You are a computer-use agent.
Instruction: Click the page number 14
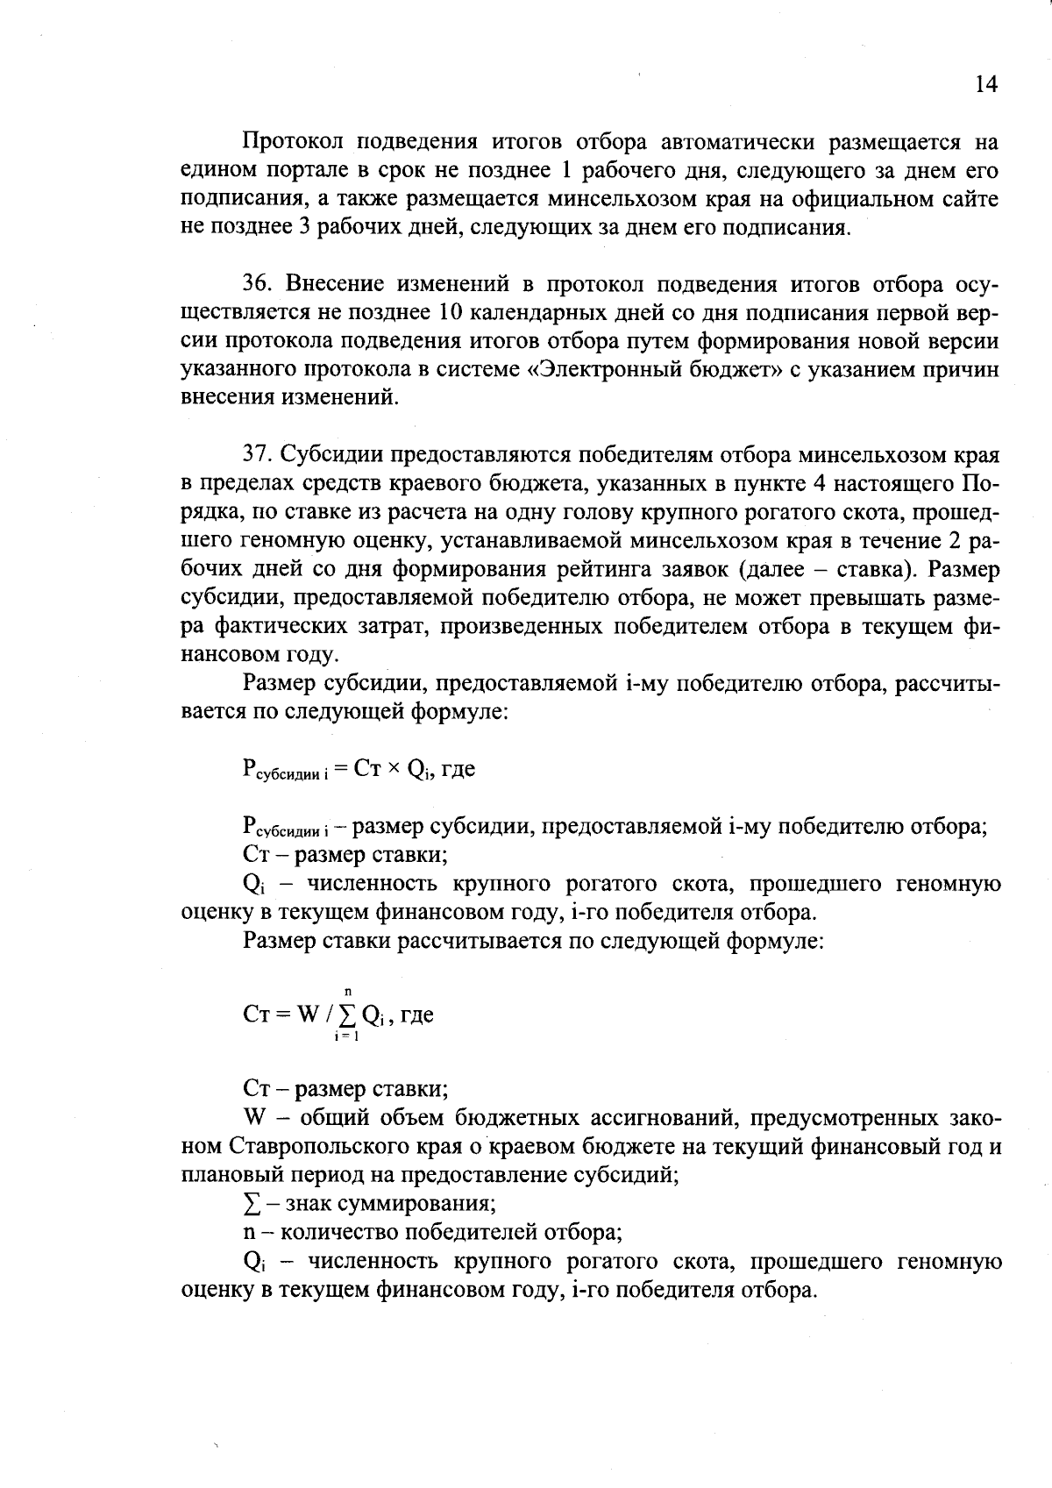pyautogui.click(x=985, y=83)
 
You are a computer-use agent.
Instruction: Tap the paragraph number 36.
pyautogui.click(x=259, y=285)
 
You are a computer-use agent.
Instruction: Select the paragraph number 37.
pyautogui.click(x=259, y=455)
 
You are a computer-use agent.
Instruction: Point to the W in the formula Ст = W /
pyautogui.click(x=308, y=1015)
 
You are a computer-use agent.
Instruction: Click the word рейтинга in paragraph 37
pyautogui.click(x=599, y=569)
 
